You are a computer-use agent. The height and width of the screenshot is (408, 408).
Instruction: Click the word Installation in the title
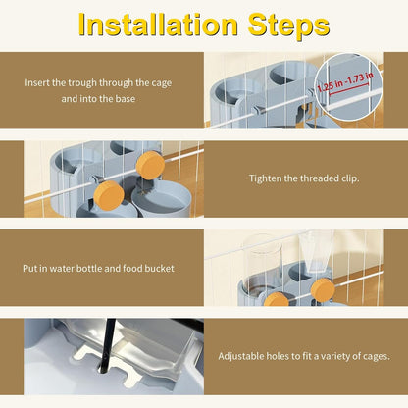click(158, 25)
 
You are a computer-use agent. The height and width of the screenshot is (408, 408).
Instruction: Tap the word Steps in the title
click(288, 26)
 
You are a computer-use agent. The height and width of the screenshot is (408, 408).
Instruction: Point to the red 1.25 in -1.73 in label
click(345, 81)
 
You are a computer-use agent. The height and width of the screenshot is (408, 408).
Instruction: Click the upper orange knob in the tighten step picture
click(150, 166)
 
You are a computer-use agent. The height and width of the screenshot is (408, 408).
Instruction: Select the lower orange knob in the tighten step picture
click(109, 195)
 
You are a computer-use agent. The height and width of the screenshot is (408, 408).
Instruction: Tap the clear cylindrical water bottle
click(262, 268)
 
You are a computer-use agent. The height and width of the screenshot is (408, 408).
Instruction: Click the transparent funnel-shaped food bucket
click(316, 251)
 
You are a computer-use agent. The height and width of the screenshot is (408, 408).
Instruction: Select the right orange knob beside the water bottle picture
click(323, 289)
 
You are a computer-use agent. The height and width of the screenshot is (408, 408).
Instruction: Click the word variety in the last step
click(335, 356)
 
